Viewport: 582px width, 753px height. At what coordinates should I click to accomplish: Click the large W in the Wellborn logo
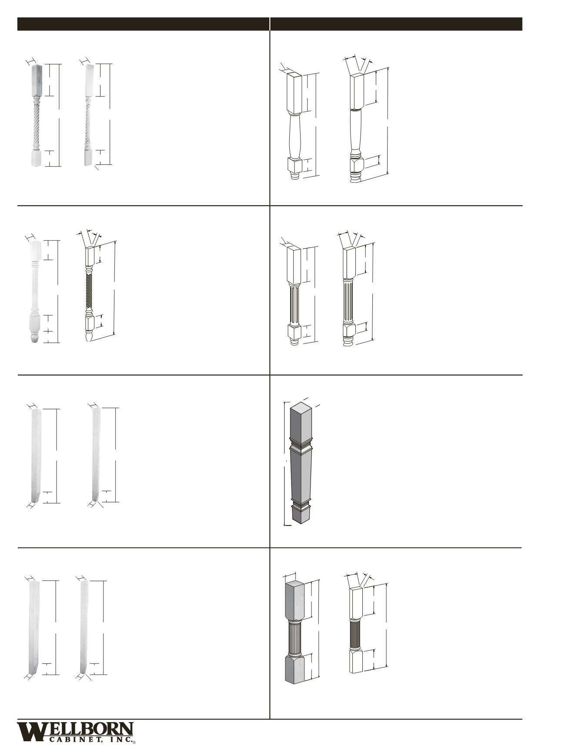pos(31,732)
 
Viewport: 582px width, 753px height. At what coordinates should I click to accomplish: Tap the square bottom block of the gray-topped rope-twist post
pos(37,158)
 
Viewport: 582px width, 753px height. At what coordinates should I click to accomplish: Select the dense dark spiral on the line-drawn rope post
pos(89,291)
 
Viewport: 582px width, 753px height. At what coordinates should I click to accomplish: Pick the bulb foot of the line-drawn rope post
pos(89,336)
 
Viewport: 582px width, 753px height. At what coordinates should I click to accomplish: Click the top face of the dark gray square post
pos(302,406)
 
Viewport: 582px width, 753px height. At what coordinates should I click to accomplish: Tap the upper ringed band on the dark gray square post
pos(301,445)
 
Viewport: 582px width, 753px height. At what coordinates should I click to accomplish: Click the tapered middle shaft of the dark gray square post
pos(301,476)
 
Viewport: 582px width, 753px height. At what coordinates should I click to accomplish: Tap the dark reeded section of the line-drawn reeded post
pos(355,635)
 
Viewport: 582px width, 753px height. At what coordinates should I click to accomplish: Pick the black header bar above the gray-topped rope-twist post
pos(143,24)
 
